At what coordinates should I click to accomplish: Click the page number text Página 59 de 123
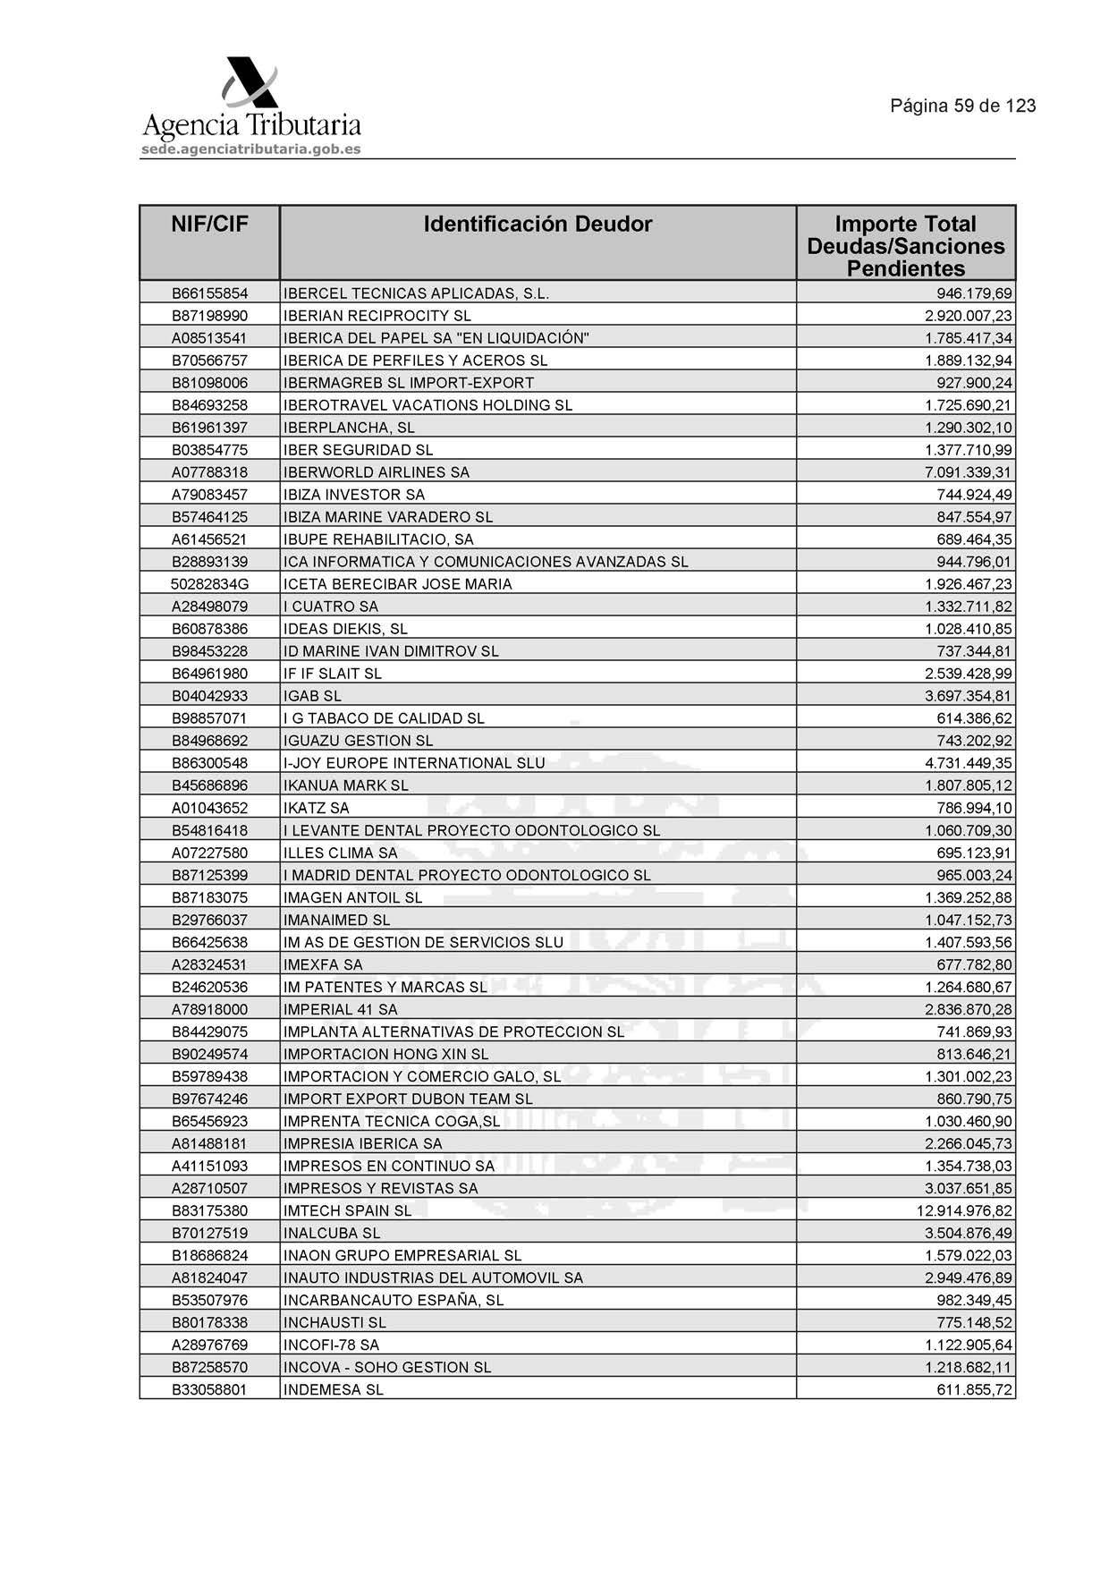tap(962, 106)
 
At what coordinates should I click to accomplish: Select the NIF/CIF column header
tap(209, 225)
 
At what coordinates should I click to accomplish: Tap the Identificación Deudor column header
tap(538, 225)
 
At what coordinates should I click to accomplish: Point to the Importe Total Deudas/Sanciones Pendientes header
tap(905, 246)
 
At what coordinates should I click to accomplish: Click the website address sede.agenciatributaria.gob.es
tap(250, 149)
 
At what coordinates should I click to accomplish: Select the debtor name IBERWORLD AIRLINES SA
tap(376, 472)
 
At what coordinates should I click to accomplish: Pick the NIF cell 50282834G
tap(209, 584)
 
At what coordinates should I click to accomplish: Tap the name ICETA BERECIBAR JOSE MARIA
tap(397, 584)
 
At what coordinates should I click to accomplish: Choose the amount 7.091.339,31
tap(969, 472)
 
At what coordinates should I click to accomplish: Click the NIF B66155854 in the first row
tap(209, 293)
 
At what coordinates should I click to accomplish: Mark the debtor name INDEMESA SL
tap(333, 1390)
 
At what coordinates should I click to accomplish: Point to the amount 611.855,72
tap(974, 1390)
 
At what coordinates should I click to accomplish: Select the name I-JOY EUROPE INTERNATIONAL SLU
tap(413, 763)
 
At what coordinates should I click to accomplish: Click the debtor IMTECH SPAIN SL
tap(347, 1211)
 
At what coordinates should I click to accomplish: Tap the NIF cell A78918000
tap(209, 1009)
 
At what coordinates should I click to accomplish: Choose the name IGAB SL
tap(312, 696)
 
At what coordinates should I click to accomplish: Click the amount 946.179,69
tap(974, 293)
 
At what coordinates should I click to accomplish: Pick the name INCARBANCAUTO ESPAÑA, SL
tap(393, 1301)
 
